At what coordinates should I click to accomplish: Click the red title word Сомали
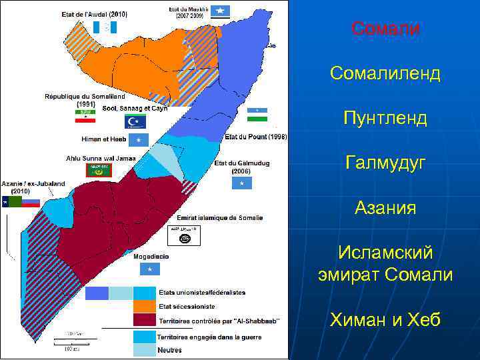click(x=385, y=29)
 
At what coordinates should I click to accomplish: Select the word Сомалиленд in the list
click(x=385, y=73)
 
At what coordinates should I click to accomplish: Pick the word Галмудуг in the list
click(x=385, y=162)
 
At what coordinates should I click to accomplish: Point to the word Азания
click(x=385, y=208)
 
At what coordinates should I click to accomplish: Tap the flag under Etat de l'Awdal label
click(x=106, y=27)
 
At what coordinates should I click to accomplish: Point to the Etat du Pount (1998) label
click(x=256, y=137)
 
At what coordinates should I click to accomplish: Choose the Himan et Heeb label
click(x=104, y=139)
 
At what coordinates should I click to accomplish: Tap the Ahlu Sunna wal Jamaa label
click(x=100, y=158)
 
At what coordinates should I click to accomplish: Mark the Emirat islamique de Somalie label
click(x=219, y=218)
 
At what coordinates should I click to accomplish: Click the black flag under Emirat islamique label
click(x=182, y=235)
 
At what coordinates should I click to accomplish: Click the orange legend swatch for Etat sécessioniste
click(x=143, y=306)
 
